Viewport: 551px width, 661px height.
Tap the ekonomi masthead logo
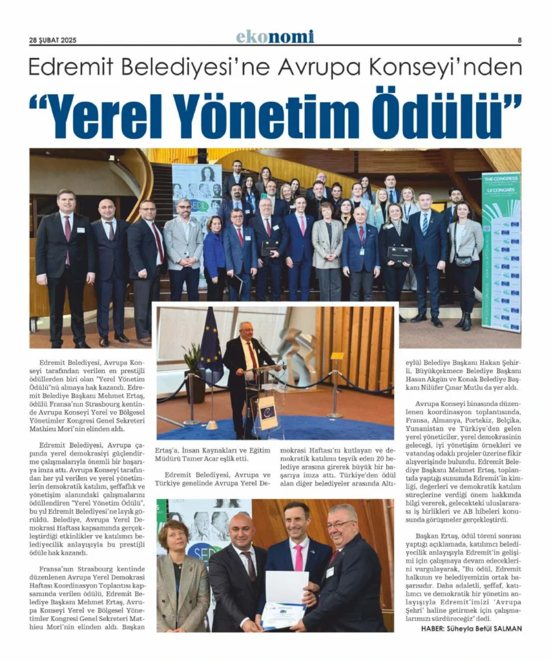[x=275, y=37]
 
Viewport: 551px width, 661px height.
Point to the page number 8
[x=519, y=39]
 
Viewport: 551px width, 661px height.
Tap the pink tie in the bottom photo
[x=298, y=556]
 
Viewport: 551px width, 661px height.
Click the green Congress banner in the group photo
[x=501, y=252]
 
